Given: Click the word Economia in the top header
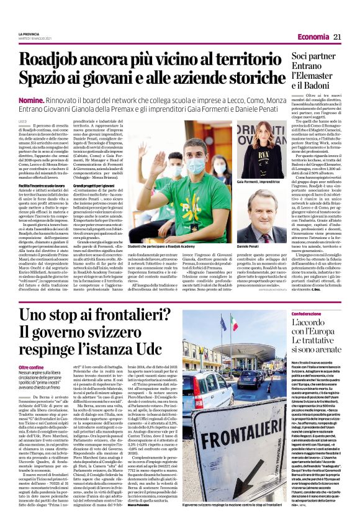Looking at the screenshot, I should tap(313, 37).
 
